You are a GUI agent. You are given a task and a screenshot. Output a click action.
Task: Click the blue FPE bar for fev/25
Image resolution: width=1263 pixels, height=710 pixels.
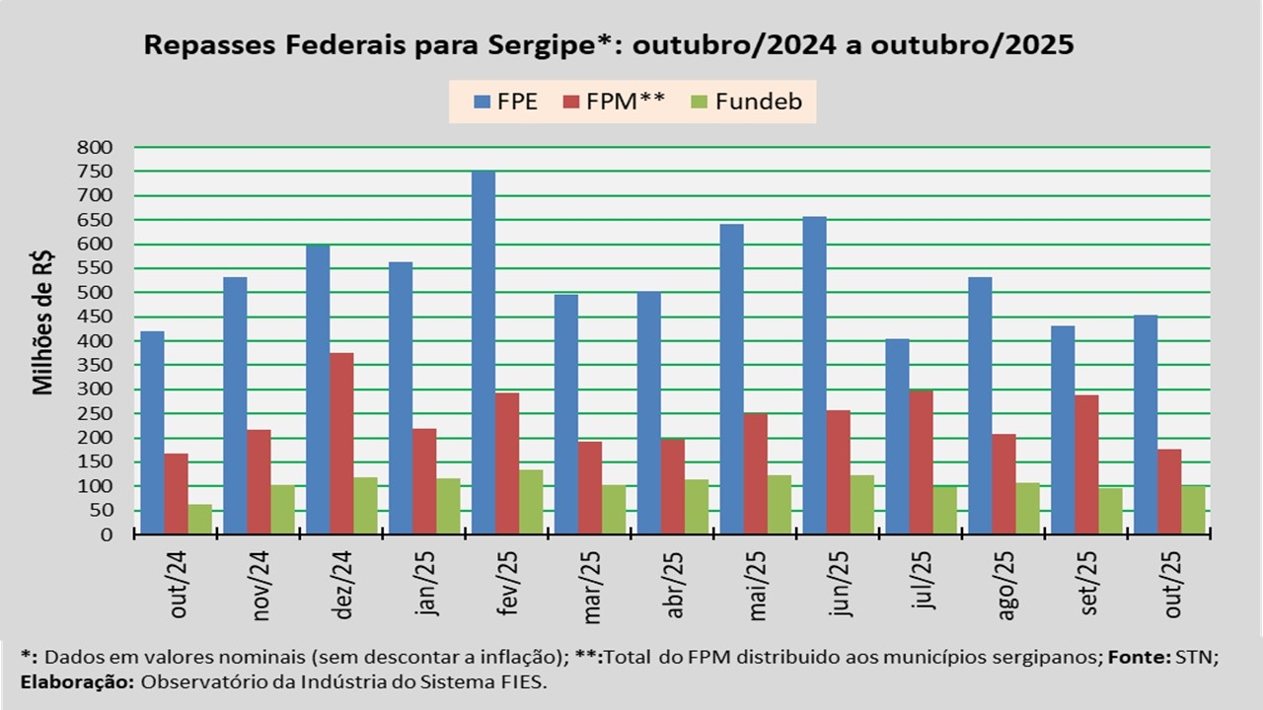(x=483, y=353)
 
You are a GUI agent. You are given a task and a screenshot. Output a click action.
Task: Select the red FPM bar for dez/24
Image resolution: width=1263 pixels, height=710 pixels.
(x=341, y=444)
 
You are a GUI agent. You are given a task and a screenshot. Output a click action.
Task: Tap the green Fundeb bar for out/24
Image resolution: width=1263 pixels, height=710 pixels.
(x=200, y=520)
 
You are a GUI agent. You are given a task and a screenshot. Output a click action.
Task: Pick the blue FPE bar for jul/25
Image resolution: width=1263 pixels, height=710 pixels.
(x=897, y=437)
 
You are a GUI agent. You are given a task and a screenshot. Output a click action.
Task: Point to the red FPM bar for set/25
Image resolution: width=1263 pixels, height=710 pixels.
(x=1086, y=464)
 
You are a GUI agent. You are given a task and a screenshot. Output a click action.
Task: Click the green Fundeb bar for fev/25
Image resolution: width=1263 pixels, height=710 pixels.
(x=531, y=502)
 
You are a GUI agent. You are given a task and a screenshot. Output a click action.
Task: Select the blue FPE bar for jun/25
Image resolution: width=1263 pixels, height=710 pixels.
(x=814, y=376)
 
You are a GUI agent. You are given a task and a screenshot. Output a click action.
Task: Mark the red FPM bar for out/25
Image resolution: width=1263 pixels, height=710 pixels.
(x=1169, y=492)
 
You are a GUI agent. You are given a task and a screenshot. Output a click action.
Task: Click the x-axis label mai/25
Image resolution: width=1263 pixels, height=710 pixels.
(x=758, y=585)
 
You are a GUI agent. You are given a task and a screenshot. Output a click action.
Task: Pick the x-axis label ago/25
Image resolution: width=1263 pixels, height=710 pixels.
(x=1006, y=585)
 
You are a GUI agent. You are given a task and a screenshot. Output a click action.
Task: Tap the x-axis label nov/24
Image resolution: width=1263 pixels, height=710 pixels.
(x=261, y=585)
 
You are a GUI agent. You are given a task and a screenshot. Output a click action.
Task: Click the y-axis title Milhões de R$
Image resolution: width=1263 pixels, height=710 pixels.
(x=43, y=322)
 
